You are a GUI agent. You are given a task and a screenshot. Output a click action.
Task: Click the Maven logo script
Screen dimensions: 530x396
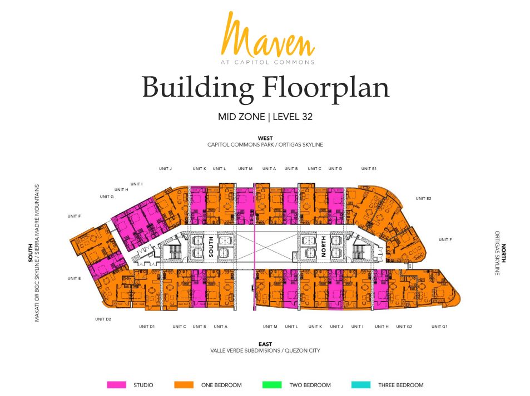click(x=268, y=35)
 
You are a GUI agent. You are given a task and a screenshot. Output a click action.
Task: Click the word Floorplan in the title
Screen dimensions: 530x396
click(x=326, y=88)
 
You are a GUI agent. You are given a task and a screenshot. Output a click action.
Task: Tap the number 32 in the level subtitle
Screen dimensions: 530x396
click(x=307, y=117)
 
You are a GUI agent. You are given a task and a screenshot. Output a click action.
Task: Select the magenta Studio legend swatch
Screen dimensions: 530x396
click(x=117, y=384)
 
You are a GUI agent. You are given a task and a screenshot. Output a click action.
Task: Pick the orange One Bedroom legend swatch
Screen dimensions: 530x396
click(x=184, y=384)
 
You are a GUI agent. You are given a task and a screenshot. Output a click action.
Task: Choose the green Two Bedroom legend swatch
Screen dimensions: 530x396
click(x=272, y=384)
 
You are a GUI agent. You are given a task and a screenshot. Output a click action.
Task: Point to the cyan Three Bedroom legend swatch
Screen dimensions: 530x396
click(x=361, y=384)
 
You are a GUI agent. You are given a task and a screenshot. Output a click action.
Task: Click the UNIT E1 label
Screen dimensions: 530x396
click(x=369, y=168)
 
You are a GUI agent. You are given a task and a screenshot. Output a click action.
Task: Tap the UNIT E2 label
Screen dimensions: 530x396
click(x=424, y=198)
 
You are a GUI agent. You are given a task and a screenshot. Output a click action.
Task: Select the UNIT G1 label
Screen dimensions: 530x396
click(x=439, y=327)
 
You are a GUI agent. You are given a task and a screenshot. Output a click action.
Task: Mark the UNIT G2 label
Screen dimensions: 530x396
click(x=404, y=327)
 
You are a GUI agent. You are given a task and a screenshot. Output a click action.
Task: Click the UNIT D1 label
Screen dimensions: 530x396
click(x=147, y=327)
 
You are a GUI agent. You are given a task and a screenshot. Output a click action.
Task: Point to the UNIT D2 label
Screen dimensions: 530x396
click(x=103, y=319)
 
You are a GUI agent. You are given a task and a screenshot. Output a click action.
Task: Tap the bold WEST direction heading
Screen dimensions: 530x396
click(x=265, y=138)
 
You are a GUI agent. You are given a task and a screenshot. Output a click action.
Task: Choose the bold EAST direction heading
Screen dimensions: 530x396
click(x=265, y=344)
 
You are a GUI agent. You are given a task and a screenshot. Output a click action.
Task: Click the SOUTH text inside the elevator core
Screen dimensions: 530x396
click(x=211, y=247)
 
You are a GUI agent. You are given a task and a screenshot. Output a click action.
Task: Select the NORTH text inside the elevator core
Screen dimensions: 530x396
click(x=324, y=247)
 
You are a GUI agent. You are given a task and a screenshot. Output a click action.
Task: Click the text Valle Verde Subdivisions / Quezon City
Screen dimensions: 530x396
click(x=265, y=350)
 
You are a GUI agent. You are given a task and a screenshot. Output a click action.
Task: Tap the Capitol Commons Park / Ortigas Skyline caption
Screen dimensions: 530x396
click(x=265, y=144)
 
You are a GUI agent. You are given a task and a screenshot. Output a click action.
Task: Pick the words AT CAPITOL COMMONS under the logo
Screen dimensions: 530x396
click(x=268, y=62)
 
